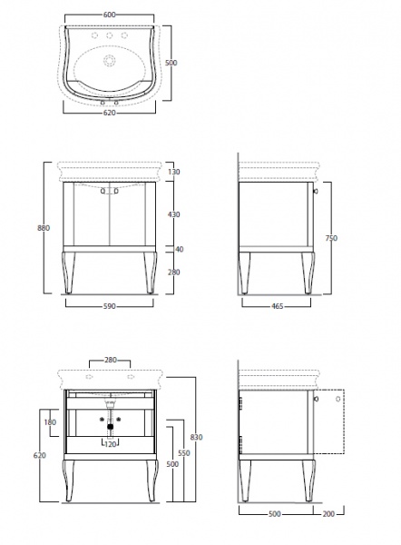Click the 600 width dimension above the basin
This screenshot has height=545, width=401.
[110, 15]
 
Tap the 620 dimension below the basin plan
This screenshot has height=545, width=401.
[110, 113]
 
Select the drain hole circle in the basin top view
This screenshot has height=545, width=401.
[109, 61]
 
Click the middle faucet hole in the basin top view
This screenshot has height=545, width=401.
[109, 35]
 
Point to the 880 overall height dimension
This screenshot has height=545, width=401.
[44, 228]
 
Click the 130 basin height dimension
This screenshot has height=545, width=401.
[173, 172]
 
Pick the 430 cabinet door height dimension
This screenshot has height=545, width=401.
[173, 214]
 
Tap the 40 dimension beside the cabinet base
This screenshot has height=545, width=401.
[180, 249]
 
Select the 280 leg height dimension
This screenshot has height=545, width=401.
[173, 272]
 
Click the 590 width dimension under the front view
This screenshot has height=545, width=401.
[110, 306]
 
